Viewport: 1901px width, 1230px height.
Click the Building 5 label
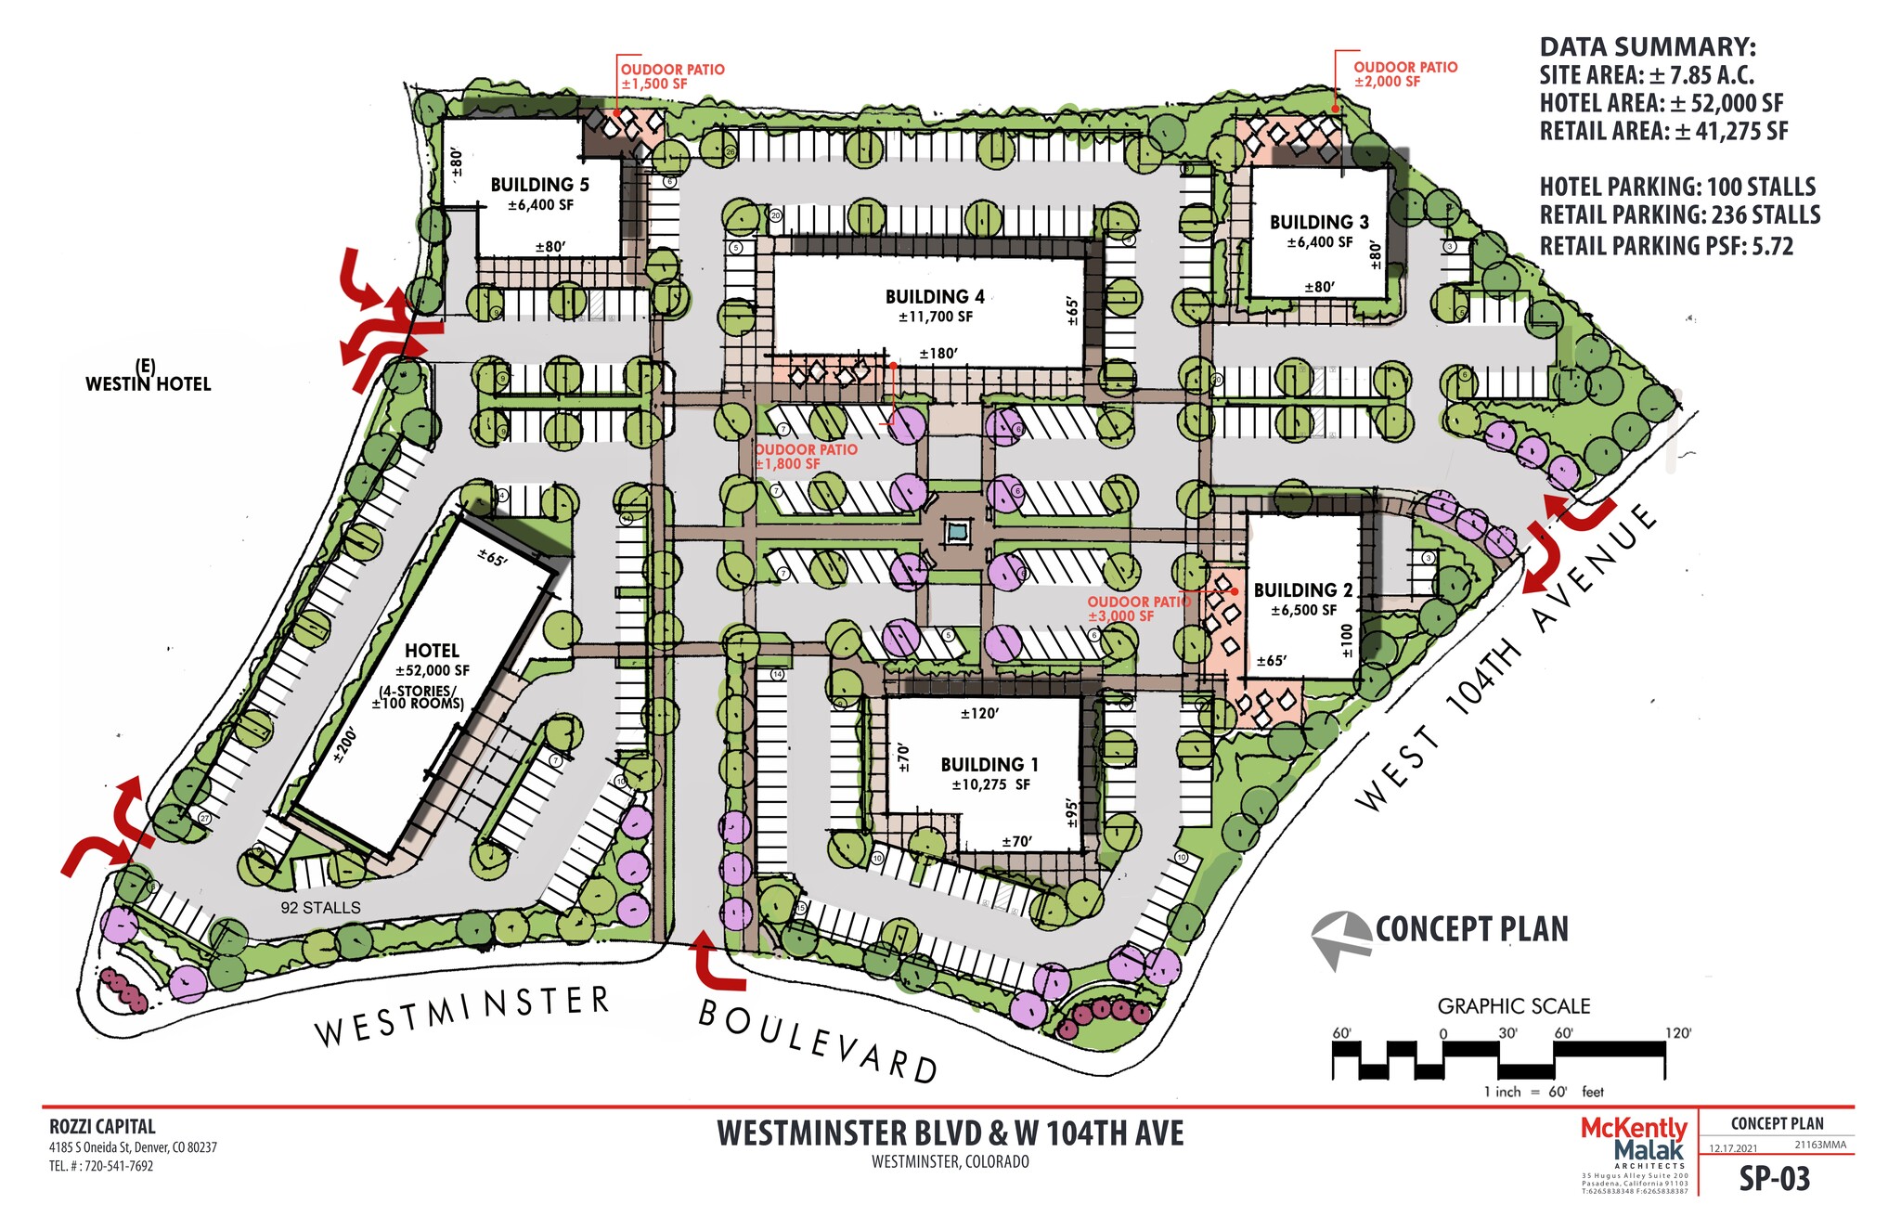[539, 185]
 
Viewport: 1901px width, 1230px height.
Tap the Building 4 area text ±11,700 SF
[935, 317]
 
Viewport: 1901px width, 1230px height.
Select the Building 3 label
[1319, 222]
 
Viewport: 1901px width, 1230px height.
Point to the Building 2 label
[1302, 590]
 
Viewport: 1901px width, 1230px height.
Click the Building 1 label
[989, 764]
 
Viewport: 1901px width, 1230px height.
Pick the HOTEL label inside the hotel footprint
[432, 651]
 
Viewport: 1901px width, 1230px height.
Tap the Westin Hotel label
[148, 382]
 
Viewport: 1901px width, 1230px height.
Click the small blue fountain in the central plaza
[956, 533]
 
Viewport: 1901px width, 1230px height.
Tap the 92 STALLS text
[320, 908]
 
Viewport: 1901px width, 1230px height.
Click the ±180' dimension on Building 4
[938, 354]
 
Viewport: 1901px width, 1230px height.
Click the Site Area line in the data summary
[1646, 75]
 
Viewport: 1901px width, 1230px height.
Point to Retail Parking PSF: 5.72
[1666, 246]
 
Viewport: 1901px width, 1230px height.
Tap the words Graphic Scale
[1513, 1006]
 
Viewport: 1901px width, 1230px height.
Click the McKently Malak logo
[1634, 1139]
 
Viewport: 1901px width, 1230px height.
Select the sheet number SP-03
[1774, 1178]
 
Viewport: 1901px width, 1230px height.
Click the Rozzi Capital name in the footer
[102, 1127]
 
